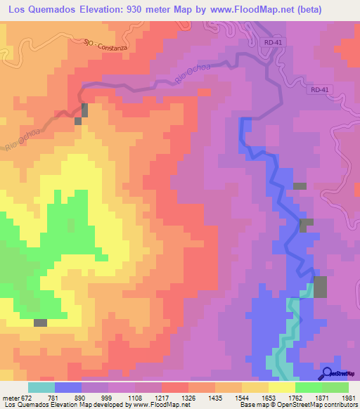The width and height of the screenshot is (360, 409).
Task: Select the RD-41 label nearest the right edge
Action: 319,90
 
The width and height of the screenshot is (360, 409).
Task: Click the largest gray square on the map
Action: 320,287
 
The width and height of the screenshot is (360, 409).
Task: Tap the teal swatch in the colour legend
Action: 41,387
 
